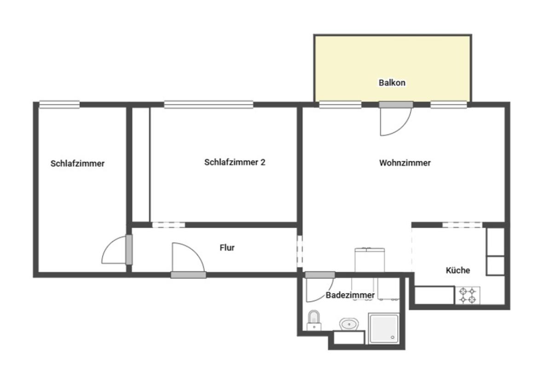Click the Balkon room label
pyautogui.click(x=392, y=83)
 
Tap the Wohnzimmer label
pyautogui.click(x=405, y=163)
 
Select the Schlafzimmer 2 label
pyautogui.click(x=234, y=162)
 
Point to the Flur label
pyautogui.click(x=227, y=248)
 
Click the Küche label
pyautogui.click(x=458, y=270)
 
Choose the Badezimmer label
pyautogui.click(x=350, y=295)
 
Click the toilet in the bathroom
pyautogui.click(x=314, y=320)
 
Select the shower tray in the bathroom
pyautogui.click(x=383, y=328)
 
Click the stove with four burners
pyautogui.click(x=469, y=295)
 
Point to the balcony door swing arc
pyautogui.click(x=402, y=127)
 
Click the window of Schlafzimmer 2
pyautogui.click(x=208, y=104)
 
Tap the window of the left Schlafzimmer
pyautogui.click(x=59, y=104)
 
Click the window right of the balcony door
pyautogui.click(x=449, y=104)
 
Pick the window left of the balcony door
pyautogui.click(x=340, y=104)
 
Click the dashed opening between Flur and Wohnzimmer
pyautogui.click(x=300, y=251)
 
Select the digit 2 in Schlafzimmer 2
pyautogui.click(x=263, y=162)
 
